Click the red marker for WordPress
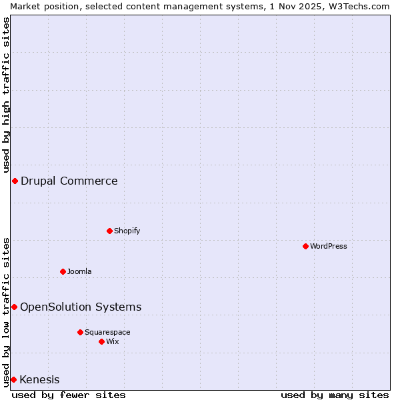click(306, 246)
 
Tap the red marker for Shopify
click(110, 231)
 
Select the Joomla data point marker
click(63, 271)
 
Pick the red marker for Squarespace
click(81, 332)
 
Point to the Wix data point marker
click(102, 341)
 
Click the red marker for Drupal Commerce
click(15, 181)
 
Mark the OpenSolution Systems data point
click(14, 307)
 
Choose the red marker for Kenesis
click(13, 379)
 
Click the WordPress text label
click(329, 246)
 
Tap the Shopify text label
click(127, 231)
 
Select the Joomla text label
click(79, 271)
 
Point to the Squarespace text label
click(107, 332)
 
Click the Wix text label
click(112, 341)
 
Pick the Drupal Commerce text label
click(69, 181)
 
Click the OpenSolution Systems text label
click(81, 307)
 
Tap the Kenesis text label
click(39, 380)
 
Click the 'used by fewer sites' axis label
click(69, 395)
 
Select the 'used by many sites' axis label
click(335, 395)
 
